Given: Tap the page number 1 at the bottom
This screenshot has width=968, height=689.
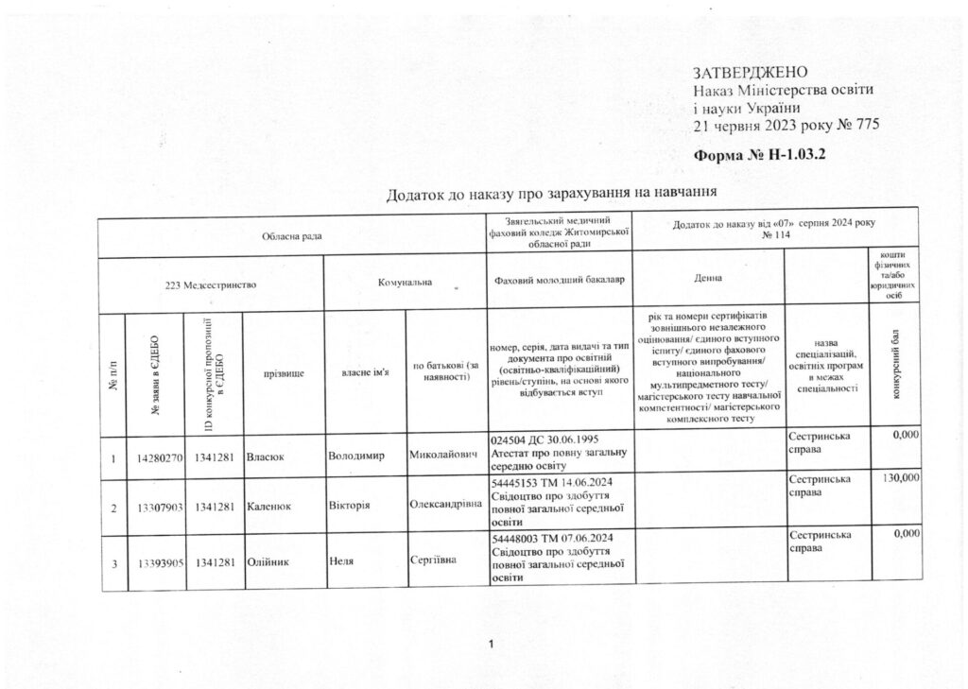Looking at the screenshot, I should (492, 645).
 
